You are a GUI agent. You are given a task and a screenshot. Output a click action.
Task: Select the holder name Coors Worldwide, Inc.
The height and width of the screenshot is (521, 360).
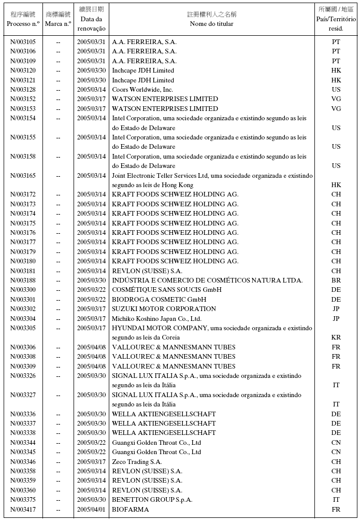point(142,90)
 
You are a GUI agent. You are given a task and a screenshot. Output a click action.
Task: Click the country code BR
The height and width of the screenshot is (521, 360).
point(336,280)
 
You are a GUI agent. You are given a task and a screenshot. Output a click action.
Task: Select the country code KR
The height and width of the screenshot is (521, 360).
point(336,337)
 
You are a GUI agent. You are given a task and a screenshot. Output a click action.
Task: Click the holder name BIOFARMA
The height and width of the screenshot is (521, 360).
point(130,510)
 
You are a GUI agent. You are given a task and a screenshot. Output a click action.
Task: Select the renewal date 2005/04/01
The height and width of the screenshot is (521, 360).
point(91,510)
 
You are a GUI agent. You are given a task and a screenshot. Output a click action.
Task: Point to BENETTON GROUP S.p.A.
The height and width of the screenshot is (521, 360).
point(152,500)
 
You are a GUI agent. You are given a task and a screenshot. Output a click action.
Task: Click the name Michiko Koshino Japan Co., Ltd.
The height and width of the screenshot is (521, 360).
point(156,319)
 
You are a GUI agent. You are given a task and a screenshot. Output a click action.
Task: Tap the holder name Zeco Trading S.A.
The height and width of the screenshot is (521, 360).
point(137,462)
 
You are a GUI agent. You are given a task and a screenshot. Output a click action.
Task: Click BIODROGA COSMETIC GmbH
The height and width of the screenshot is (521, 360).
point(159,300)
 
